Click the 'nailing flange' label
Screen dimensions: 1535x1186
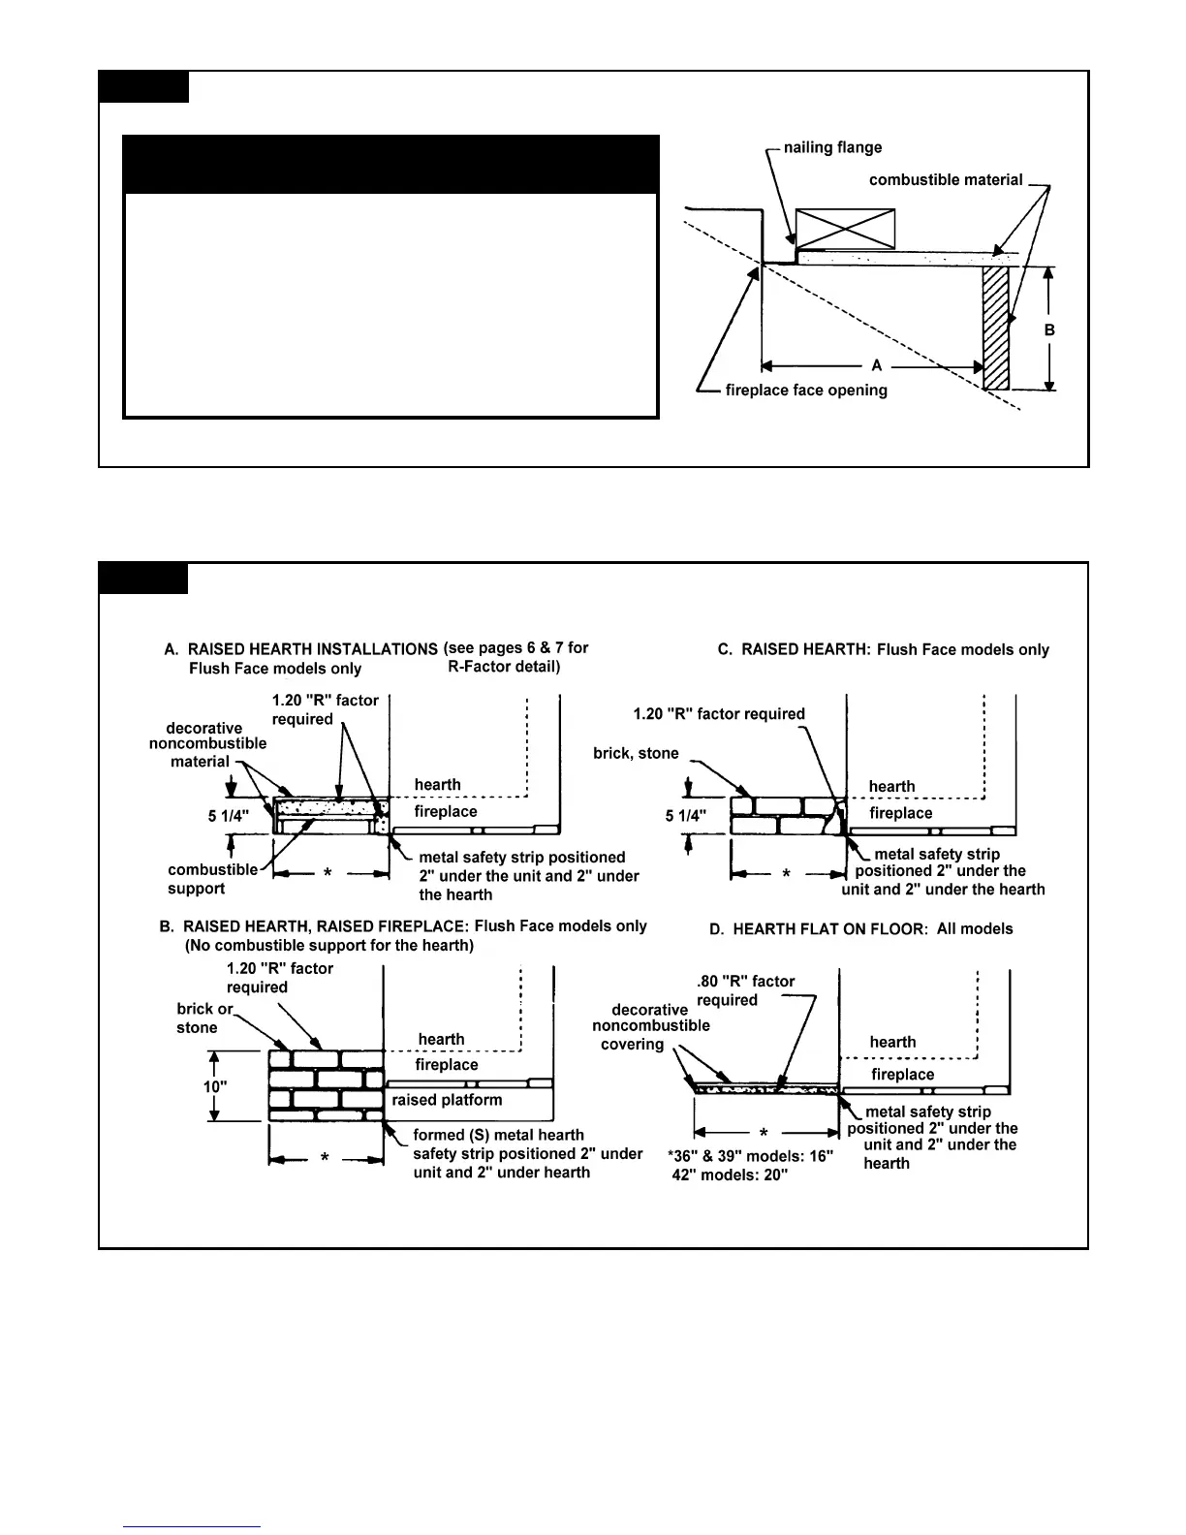(832, 147)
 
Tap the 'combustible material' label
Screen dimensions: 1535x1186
(945, 180)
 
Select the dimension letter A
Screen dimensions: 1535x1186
(876, 366)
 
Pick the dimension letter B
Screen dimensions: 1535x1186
(1049, 330)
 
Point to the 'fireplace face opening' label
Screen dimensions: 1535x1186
(805, 391)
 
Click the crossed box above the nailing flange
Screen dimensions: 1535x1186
(845, 229)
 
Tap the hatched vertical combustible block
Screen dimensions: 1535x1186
(996, 328)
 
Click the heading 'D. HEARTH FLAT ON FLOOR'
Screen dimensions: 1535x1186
(860, 929)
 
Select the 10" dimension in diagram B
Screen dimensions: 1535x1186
(214, 1086)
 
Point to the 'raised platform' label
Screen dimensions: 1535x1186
(447, 1101)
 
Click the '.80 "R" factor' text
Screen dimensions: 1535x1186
(745, 982)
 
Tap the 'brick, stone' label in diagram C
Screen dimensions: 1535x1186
(636, 754)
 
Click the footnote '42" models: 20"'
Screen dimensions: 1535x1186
(730, 1175)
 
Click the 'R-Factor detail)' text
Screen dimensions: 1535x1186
(504, 667)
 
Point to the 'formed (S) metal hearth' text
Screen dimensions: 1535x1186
(498, 1135)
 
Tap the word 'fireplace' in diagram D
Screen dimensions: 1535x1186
(902, 1075)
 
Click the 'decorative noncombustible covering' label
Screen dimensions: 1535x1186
(650, 1027)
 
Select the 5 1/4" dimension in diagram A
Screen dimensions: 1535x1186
(229, 816)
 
